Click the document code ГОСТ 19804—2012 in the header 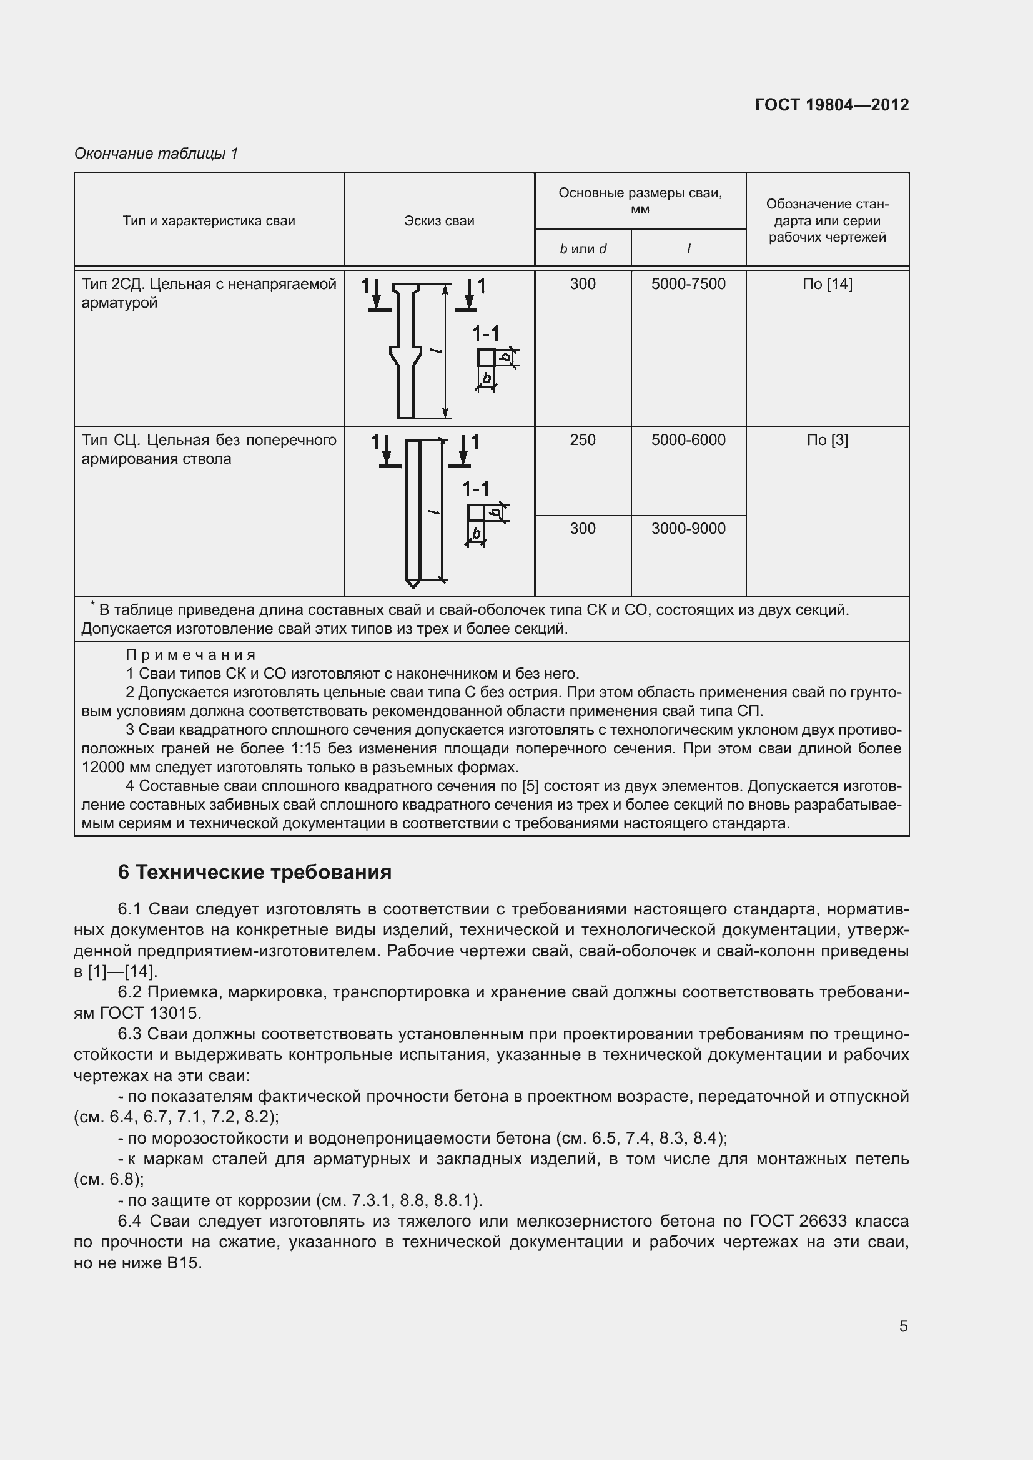(x=831, y=105)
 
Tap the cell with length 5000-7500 (x=688, y=284)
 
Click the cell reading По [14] (x=827, y=284)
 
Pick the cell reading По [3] (x=827, y=440)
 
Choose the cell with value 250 (x=582, y=440)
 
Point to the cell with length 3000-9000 (x=688, y=529)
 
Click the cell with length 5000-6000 (x=688, y=440)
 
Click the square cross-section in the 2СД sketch (x=486, y=358)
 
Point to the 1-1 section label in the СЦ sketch (x=475, y=488)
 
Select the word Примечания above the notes (x=191, y=655)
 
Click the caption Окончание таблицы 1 (x=157, y=154)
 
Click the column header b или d (x=582, y=249)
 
